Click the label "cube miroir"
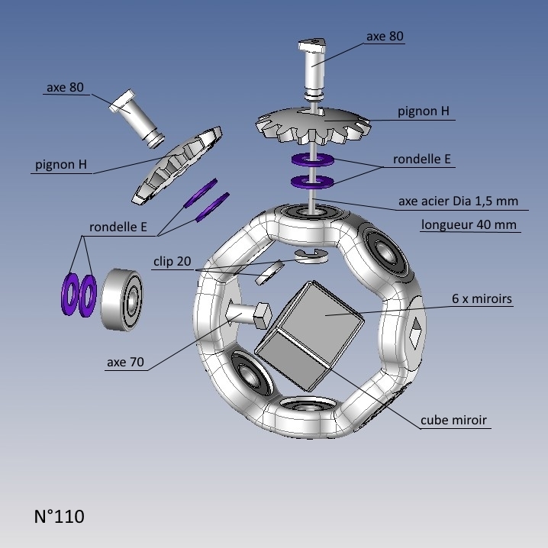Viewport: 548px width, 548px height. [453, 420]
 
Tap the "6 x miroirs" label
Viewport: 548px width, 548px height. [482, 299]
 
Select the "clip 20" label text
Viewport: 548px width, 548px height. [172, 261]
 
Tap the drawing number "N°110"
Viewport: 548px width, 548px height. [60, 517]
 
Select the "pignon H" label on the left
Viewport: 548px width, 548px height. [61, 165]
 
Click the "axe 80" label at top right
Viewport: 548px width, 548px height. [385, 36]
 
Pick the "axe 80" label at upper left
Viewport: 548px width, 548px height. [65, 87]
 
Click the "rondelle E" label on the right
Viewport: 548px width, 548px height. [422, 160]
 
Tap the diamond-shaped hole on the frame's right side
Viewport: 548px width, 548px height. [416, 330]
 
